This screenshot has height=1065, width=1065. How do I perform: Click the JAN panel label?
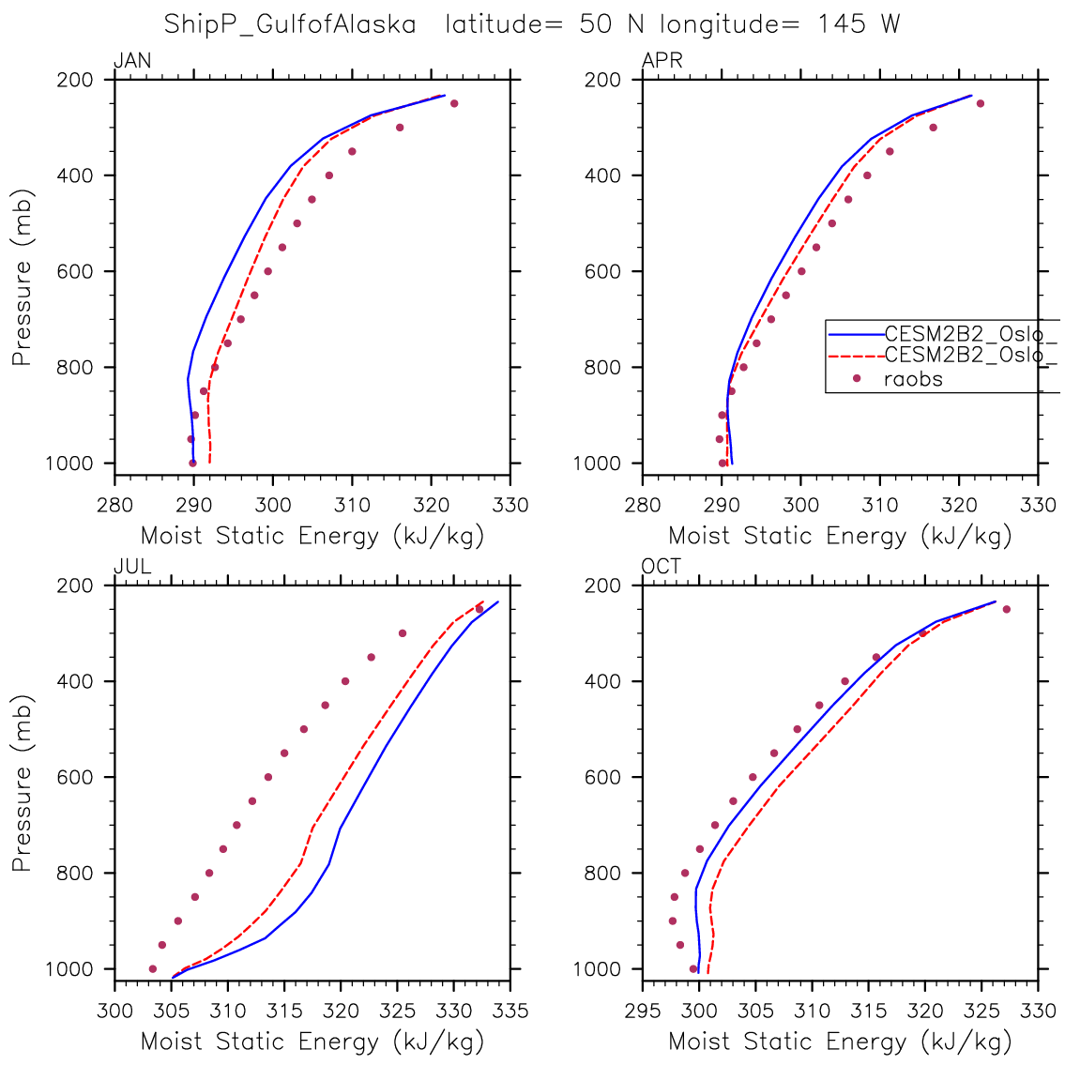click(x=132, y=62)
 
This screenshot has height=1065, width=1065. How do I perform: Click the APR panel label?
click(x=662, y=62)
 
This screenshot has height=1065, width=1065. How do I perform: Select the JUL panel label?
click(x=132, y=567)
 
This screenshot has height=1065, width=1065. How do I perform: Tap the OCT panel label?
click(x=662, y=567)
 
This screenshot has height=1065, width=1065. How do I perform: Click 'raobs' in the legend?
click(x=913, y=379)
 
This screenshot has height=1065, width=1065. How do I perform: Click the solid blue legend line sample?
click(x=855, y=333)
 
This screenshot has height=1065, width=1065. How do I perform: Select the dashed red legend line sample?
click(x=855, y=356)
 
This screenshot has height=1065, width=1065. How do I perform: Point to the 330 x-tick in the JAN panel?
click(x=510, y=505)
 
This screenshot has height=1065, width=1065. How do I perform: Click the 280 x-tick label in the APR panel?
click(x=643, y=505)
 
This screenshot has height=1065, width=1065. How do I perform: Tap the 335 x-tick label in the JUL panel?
click(x=510, y=1011)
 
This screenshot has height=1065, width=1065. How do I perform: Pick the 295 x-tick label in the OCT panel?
click(x=643, y=1011)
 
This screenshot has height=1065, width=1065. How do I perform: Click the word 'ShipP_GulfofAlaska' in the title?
click(x=290, y=24)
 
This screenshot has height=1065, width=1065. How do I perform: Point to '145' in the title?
click(x=842, y=24)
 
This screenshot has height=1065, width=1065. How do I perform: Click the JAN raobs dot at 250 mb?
click(x=454, y=103)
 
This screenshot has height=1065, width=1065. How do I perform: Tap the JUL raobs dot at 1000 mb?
click(x=153, y=968)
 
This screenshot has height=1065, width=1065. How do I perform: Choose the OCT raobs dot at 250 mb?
click(x=1006, y=609)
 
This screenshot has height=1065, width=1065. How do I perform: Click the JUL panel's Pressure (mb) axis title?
click(x=23, y=777)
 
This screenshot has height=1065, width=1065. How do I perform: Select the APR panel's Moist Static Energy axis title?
click(x=841, y=536)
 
